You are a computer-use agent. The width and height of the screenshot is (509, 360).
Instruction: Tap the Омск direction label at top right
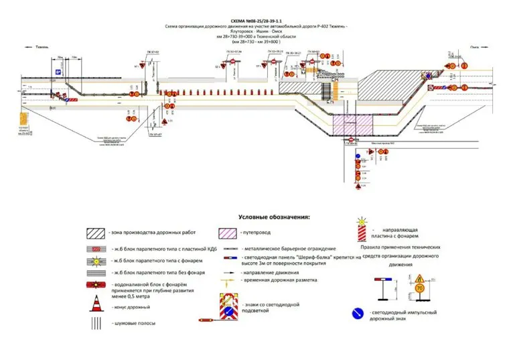pyautogui.click(x=476, y=47)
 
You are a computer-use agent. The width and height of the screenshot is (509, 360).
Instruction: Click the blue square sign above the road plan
pyautogui.click(x=58, y=72)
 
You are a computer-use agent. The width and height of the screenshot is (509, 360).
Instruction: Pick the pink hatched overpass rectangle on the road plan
pyautogui.click(x=353, y=125)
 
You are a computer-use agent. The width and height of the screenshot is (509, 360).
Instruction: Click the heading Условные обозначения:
pyautogui.click(x=274, y=217)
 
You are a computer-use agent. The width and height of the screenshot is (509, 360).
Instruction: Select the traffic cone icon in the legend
pyautogui.click(x=96, y=306)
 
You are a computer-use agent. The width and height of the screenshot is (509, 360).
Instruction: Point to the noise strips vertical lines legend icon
pyautogui.click(x=96, y=322)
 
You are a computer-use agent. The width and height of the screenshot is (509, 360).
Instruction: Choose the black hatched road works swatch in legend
pyautogui.click(x=95, y=233)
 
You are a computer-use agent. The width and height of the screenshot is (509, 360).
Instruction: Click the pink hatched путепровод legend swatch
pyautogui.click(x=228, y=233)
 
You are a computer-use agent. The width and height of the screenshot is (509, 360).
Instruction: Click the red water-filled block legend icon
pyautogui.click(x=96, y=287)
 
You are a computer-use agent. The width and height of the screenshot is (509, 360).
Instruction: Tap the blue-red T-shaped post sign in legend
pyautogui.click(x=384, y=284)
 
